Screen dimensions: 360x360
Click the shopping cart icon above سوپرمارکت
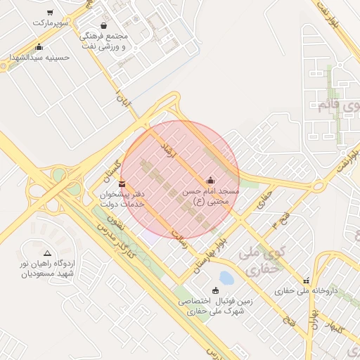[x=50, y=13]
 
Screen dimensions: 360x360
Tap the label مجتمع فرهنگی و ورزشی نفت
[x=103, y=41]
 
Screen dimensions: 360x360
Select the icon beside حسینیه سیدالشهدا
[x=39, y=47]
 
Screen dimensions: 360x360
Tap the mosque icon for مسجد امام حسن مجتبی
[x=210, y=179]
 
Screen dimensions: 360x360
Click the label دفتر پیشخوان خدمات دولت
[x=121, y=198]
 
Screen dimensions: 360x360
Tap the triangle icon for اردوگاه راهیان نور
[x=47, y=252]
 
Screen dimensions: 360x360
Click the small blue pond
[x=226, y=278]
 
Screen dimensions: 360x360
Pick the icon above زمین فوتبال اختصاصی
[x=215, y=290]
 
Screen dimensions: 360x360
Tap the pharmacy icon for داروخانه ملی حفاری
[x=306, y=279]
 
